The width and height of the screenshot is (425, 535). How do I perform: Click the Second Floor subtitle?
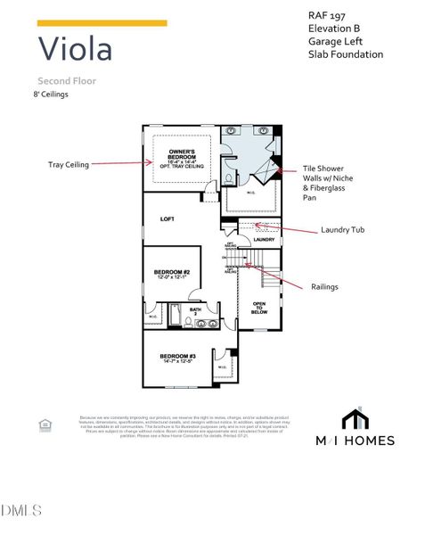(x=67, y=80)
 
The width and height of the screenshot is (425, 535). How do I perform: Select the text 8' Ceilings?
(x=52, y=94)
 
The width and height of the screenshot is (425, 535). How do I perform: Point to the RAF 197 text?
(x=328, y=15)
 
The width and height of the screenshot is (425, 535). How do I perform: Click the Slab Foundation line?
(x=346, y=54)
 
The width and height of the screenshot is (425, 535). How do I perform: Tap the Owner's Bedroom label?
(x=183, y=157)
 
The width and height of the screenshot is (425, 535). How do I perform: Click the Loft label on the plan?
(x=168, y=218)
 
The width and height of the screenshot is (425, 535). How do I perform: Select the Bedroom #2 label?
(x=172, y=273)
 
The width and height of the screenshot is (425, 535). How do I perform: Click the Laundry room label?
(x=264, y=239)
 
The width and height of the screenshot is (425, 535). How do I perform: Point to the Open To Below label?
(x=259, y=308)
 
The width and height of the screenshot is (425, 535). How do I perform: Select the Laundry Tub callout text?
(x=343, y=230)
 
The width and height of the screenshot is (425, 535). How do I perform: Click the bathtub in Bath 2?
(x=176, y=317)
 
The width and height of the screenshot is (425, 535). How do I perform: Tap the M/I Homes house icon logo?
(x=356, y=418)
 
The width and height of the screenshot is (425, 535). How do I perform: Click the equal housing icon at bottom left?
(x=45, y=425)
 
